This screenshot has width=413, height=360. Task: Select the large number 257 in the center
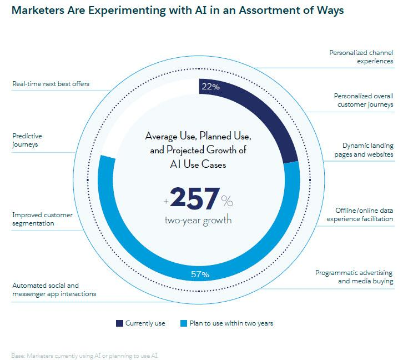[x=194, y=198]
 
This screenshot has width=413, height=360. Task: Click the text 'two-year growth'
[x=198, y=220]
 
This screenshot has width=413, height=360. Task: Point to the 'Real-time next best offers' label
[x=51, y=84]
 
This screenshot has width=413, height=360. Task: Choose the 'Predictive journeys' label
[x=27, y=139]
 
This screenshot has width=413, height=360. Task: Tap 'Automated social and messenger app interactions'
[x=54, y=289]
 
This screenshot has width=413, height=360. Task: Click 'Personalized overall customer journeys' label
[x=364, y=100]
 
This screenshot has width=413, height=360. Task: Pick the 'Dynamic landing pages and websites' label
[x=364, y=149]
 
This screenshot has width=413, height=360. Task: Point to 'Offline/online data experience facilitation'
[x=364, y=214]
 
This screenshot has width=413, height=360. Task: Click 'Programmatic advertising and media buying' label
[x=354, y=277]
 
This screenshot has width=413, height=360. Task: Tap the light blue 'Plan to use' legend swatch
[x=184, y=323]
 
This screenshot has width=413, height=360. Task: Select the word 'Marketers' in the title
[x=41, y=11]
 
